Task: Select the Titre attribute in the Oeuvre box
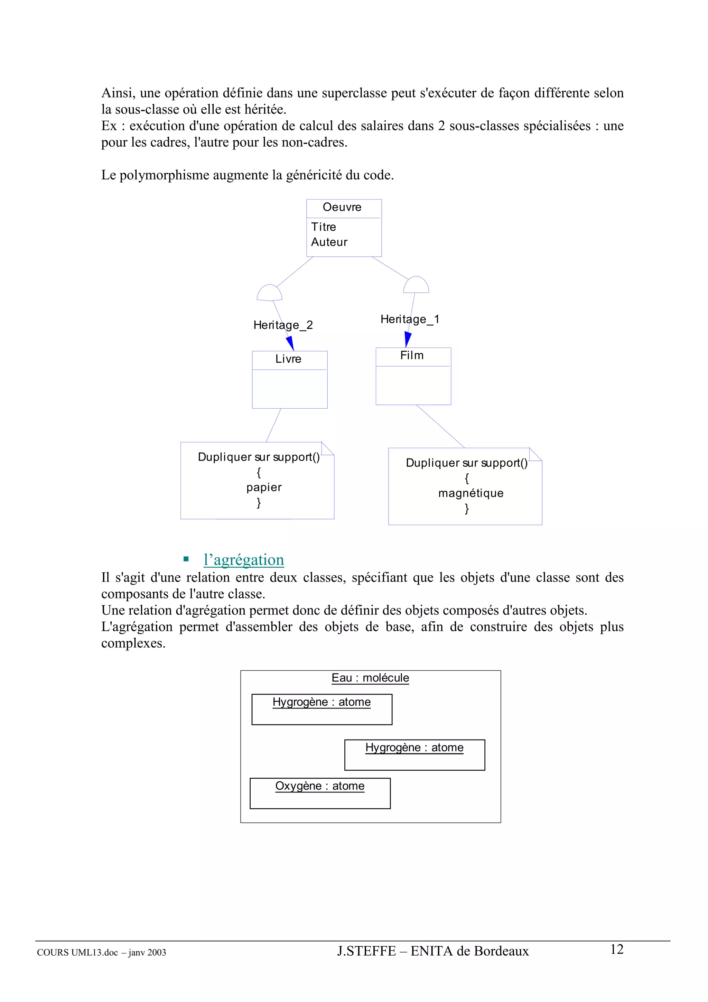click(x=323, y=227)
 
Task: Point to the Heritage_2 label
click(x=283, y=325)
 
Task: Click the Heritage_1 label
click(x=410, y=319)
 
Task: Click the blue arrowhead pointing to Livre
click(x=290, y=343)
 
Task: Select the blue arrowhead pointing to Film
click(x=408, y=339)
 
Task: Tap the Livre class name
click(x=288, y=359)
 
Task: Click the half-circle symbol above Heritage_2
click(x=270, y=293)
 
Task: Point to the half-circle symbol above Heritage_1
click(x=416, y=285)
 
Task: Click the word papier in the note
click(x=263, y=487)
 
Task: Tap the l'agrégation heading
click(x=243, y=559)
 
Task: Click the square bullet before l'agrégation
click(x=186, y=559)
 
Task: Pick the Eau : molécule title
click(x=370, y=678)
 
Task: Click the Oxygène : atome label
click(x=319, y=786)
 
